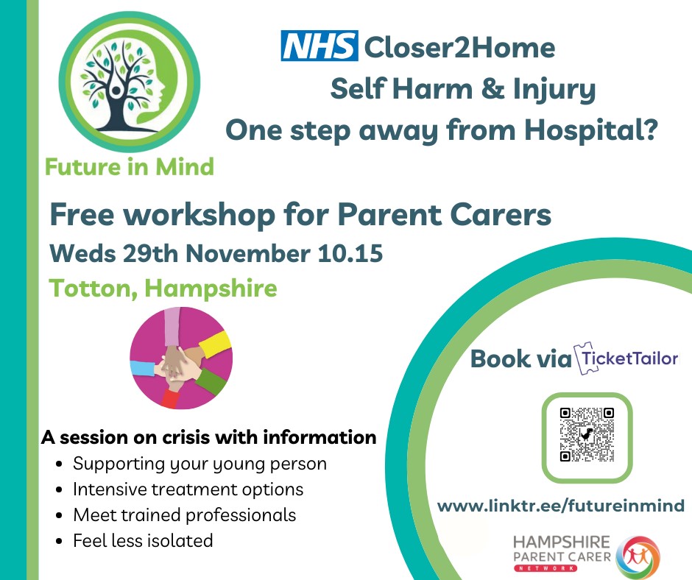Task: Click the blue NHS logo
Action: [319, 46]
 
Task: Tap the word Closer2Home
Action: [459, 47]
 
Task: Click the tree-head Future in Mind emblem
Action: [130, 82]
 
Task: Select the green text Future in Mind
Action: [130, 167]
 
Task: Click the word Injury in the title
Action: [554, 91]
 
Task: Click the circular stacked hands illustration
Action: [181, 358]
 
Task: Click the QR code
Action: [587, 435]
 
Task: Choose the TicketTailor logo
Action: [626, 358]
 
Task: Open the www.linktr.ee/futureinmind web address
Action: [561, 506]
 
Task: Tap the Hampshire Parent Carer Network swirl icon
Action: [638, 557]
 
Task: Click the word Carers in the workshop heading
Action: [501, 214]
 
